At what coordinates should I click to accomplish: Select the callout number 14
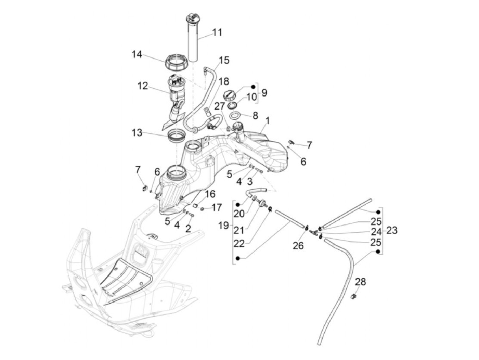pyautogui.click(x=137, y=54)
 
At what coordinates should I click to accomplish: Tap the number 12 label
pyautogui.click(x=143, y=86)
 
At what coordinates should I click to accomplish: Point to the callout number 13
pyautogui.click(x=137, y=132)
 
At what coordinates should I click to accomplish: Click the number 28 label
pyautogui.click(x=360, y=282)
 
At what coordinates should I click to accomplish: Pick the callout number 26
pyautogui.click(x=298, y=245)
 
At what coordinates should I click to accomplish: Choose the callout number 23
pyautogui.click(x=392, y=231)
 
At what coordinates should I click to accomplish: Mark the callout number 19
pyautogui.click(x=224, y=226)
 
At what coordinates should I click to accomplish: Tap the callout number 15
pyautogui.click(x=224, y=61)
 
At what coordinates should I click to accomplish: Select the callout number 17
pyautogui.click(x=217, y=207)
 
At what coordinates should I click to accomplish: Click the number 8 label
pyautogui.click(x=255, y=115)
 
